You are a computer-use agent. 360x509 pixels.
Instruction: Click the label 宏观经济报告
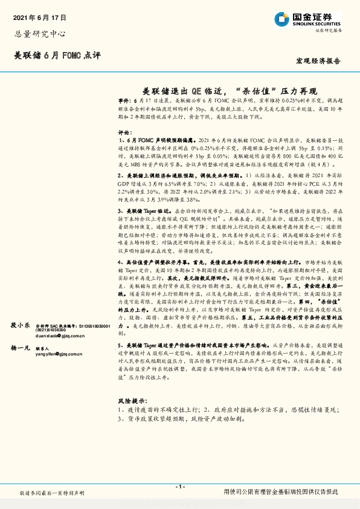tap(318, 61)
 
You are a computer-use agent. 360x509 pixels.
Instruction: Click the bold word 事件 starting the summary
tap(123, 101)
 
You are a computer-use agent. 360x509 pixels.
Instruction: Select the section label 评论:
tap(124, 132)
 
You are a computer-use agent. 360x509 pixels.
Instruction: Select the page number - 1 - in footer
tap(179, 486)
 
